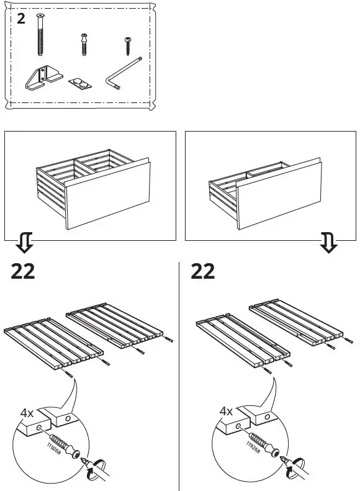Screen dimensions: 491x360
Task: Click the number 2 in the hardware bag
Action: point(22,19)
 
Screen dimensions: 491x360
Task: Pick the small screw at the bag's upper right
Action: point(127,47)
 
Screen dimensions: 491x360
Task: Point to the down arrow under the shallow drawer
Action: point(329,244)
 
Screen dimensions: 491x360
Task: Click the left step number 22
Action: point(23,272)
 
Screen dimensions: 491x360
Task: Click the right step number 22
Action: point(203,272)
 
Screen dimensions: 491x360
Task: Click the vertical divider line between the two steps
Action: point(179,372)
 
